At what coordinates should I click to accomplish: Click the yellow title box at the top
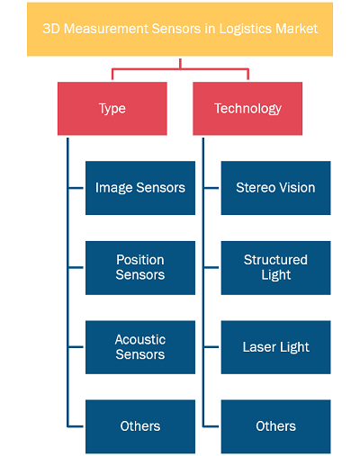(x=180, y=29)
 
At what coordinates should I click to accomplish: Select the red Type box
(x=112, y=108)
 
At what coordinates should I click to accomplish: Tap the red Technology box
(x=247, y=108)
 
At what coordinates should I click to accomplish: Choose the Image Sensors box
(x=140, y=188)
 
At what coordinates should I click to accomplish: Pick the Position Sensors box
(x=140, y=268)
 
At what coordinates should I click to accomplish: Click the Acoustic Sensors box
(x=140, y=347)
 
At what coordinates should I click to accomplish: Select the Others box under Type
(x=140, y=426)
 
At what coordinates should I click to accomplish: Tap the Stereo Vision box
(x=276, y=188)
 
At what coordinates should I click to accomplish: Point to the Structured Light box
(x=276, y=268)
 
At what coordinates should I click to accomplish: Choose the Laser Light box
(x=276, y=347)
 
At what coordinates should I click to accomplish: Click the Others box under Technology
(x=276, y=426)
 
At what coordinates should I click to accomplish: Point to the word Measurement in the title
(x=106, y=29)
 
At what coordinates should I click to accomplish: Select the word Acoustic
(x=140, y=340)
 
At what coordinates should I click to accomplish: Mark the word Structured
(x=275, y=260)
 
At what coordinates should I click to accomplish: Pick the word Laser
(x=256, y=347)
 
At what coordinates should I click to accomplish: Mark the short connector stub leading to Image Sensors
(x=76, y=188)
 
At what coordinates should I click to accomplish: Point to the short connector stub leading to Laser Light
(x=211, y=347)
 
